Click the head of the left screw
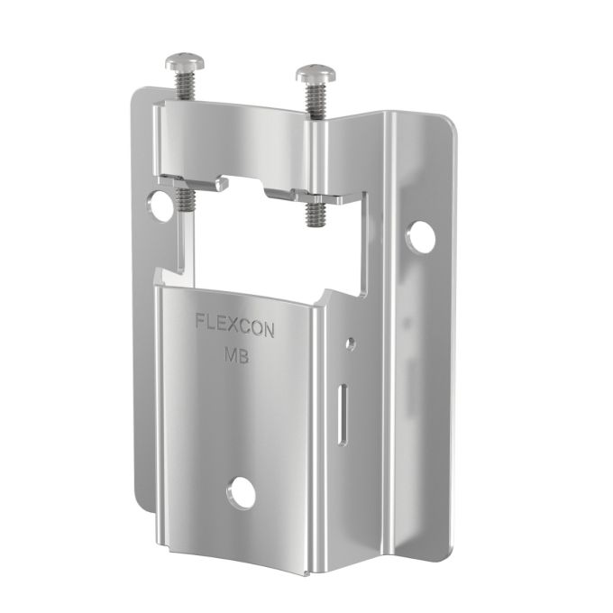click(x=186, y=64)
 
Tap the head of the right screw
click(x=316, y=75)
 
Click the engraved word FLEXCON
click(x=236, y=321)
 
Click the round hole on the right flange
click(x=420, y=237)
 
